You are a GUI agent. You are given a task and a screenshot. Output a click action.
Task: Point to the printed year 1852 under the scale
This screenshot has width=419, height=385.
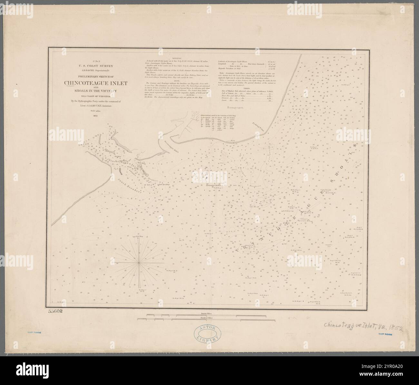tap(95, 115)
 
